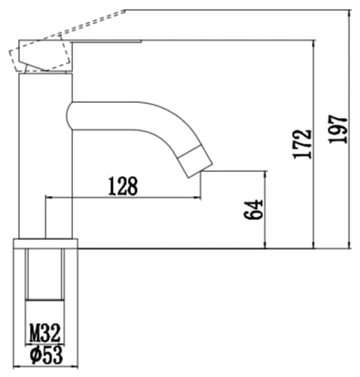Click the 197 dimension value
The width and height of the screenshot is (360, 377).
coord(338,130)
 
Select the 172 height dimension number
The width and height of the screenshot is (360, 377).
coord(302,144)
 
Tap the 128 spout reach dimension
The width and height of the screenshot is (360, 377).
coord(123,186)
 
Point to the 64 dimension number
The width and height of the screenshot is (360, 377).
coord(253,209)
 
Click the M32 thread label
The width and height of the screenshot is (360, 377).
coord(45,333)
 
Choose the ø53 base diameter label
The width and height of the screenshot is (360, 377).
coord(46,355)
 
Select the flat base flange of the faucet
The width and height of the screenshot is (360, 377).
coord(46,243)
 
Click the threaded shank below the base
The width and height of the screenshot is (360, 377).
coord(45,274)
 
